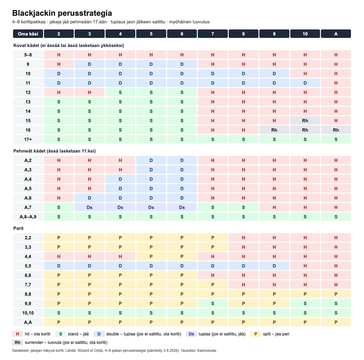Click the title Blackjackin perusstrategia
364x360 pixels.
click(62, 13)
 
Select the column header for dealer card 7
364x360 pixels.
click(213, 34)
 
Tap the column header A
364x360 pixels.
click(336, 34)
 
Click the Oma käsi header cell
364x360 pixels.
click(28, 34)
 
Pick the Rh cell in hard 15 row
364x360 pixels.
click(305, 120)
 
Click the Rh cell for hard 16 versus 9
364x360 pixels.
click(274, 130)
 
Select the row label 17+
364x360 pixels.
click(28, 140)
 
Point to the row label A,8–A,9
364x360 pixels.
click(28, 217)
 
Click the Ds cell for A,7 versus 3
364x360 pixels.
click(89, 207)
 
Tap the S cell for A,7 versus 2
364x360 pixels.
click(59, 207)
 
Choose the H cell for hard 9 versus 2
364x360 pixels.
click(59, 64)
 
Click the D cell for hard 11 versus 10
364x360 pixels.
click(305, 83)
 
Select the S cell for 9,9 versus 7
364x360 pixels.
click(213, 303)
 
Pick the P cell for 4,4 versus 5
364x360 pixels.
click(151, 256)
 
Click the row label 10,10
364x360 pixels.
click(28, 313)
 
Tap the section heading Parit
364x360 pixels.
click(18, 228)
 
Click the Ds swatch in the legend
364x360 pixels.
click(191, 334)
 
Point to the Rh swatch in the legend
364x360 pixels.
click(18, 342)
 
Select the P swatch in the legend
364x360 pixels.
click(256, 334)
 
